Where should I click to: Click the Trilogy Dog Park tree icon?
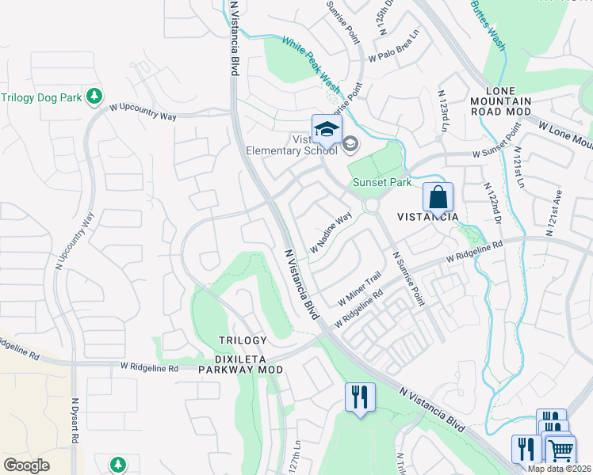coord(94,97)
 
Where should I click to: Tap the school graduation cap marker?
coord(327,128)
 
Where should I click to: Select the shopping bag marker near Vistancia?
coord(438,196)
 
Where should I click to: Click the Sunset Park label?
coord(381,182)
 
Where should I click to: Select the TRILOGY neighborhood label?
coord(243,340)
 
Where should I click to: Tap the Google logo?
coord(27,465)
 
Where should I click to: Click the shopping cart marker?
coord(560,450)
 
